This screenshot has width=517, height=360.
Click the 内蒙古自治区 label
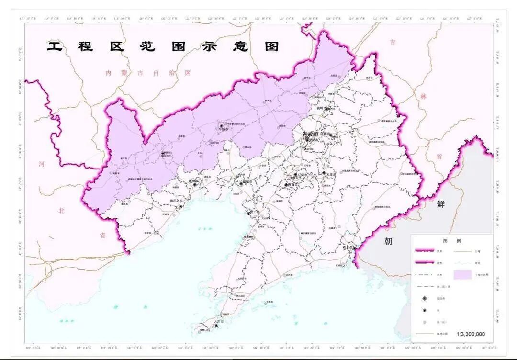(148, 73)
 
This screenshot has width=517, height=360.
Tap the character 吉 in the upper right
(393, 42)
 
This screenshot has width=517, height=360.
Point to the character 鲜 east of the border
(440, 204)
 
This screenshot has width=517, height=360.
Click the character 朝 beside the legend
(388, 241)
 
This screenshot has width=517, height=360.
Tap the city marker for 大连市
(217, 326)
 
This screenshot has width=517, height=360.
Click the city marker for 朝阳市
(162, 154)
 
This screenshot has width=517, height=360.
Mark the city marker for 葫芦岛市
(181, 206)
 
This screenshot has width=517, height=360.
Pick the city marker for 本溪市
(324, 173)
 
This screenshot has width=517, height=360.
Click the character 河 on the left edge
(42, 164)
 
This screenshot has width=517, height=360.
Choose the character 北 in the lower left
(61, 210)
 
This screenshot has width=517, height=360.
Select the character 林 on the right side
(423, 96)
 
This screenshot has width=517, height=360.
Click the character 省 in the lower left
(102, 235)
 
